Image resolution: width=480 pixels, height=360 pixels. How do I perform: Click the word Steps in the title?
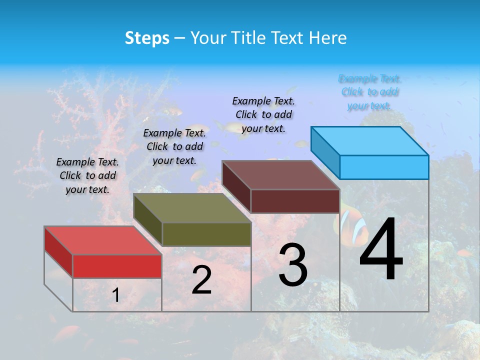147,38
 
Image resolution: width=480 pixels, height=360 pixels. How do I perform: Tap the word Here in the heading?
327,38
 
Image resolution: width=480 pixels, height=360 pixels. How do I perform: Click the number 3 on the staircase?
293,265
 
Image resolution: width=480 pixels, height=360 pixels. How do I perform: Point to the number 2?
201,280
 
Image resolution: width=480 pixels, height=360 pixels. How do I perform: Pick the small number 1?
115,295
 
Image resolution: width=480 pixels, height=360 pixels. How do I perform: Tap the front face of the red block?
117,266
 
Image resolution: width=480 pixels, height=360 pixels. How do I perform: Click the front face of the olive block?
206,234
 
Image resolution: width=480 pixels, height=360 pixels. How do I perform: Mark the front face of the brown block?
295,201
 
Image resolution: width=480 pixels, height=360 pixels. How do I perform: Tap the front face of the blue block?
384,167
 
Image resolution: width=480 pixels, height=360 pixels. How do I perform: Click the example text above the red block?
87,176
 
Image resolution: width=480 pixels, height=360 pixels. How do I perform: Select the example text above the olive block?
174,147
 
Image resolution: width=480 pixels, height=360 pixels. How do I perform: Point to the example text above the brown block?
263,114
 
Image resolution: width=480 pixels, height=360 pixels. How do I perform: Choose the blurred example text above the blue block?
370,92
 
